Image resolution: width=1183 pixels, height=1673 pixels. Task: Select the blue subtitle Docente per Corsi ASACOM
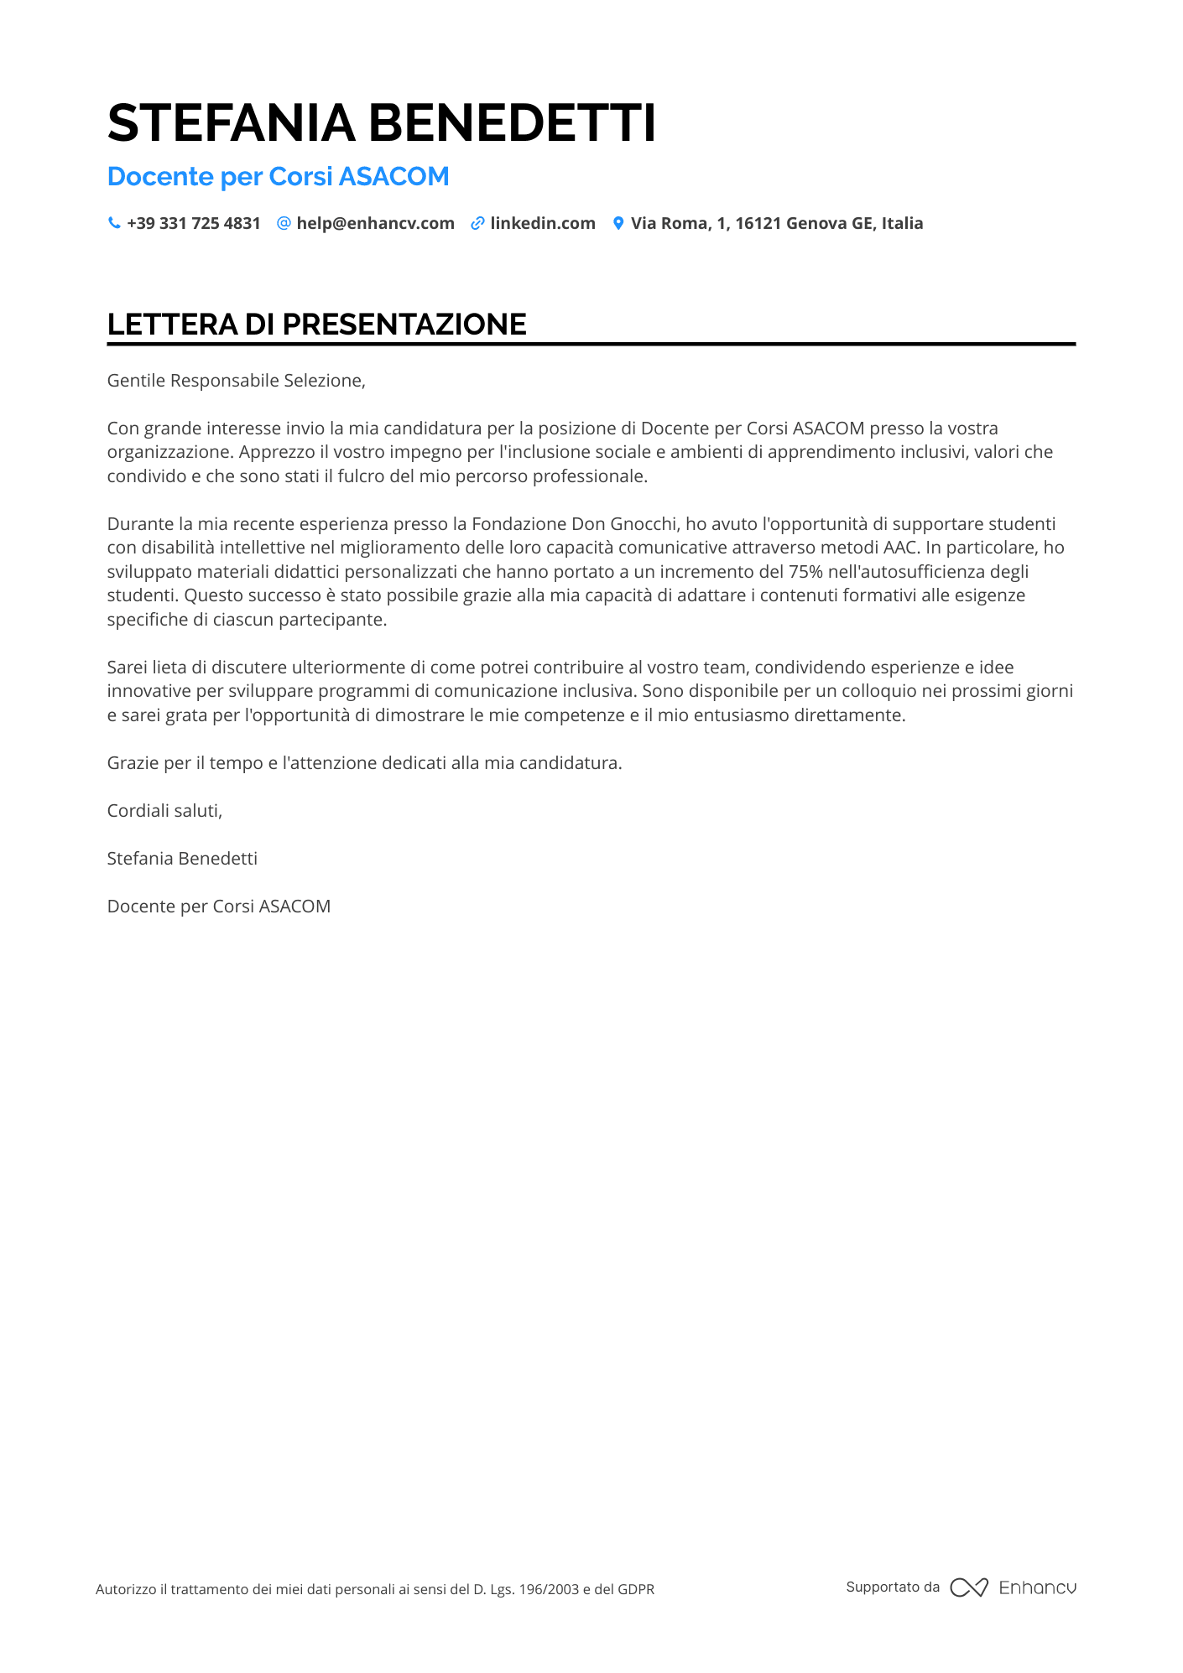[278, 177]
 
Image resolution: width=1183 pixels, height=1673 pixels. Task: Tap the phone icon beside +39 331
[114, 223]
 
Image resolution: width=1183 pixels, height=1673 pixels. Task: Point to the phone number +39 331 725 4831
[194, 224]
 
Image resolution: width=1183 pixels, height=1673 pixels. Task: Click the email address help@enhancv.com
[375, 224]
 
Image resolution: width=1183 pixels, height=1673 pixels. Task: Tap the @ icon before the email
[284, 223]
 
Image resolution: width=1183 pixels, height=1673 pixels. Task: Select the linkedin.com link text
[543, 224]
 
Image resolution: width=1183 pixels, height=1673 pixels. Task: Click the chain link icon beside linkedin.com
[477, 223]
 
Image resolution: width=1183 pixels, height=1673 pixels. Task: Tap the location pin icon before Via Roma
[618, 223]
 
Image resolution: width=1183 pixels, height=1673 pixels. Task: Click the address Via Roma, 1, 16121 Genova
[776, 224]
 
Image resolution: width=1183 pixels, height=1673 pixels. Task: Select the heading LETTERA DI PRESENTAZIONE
[316, 325]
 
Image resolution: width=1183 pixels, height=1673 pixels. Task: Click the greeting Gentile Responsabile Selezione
[236, 381]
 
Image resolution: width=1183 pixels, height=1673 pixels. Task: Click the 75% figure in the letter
[805, 572]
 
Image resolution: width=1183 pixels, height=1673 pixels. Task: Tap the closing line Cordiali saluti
[164, 811]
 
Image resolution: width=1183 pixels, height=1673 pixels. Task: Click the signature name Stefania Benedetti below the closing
[182, 859]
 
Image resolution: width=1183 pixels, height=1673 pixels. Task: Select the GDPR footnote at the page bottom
[375, 1589]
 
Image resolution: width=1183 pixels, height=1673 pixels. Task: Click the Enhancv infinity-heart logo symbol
[969, 1587]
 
